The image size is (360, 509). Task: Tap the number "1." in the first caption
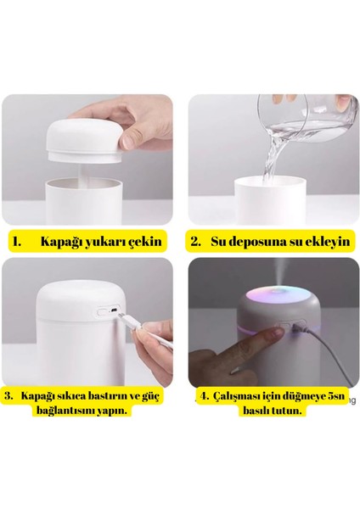(17, 242)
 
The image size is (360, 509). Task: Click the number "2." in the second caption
(195, 242)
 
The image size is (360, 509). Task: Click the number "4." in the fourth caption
(205, 396)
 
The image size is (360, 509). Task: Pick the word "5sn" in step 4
(337, 396)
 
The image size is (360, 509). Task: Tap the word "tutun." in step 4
(284, 411)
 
